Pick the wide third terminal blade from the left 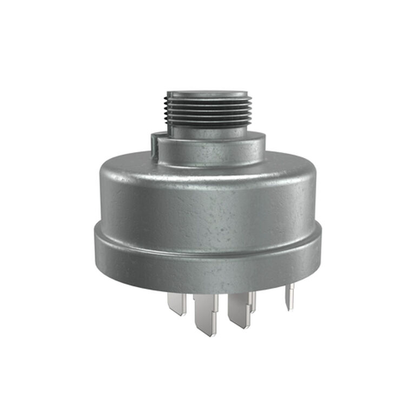coord(239,308)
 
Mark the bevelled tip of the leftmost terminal coord(176,312)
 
